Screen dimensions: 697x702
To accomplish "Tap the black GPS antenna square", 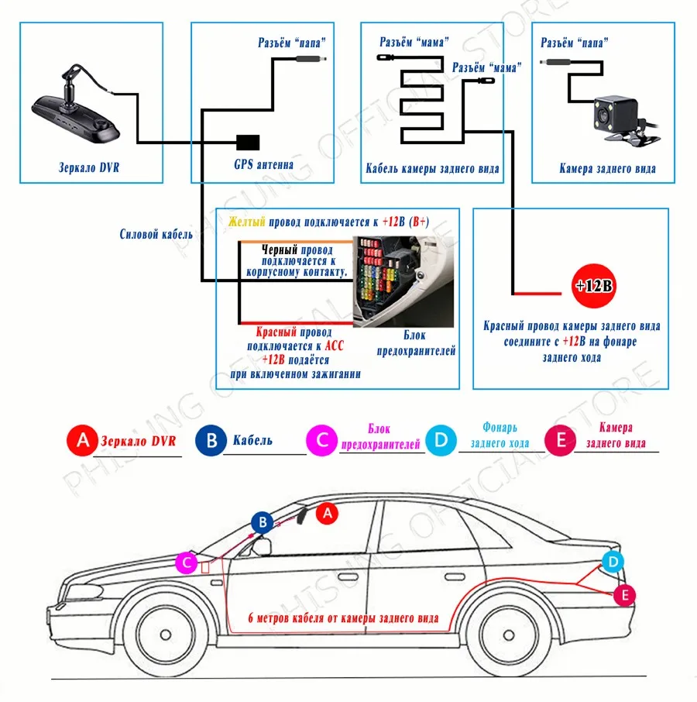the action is point(248,143).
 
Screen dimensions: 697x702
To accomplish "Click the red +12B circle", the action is point(594,286).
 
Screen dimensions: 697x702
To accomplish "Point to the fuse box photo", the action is point(403,281).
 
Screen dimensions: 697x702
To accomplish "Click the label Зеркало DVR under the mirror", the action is point(89,168).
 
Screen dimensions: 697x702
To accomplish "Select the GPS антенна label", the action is point(263,164).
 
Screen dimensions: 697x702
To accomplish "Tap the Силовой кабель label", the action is point(156,234).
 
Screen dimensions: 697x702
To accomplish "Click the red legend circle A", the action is point(82,441).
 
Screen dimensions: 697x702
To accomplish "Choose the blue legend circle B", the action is point(211,441).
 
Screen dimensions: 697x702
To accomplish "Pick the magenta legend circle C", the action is point(321,441).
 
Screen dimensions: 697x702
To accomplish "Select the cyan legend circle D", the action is point(441,441).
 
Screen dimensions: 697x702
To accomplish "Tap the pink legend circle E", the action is point(560,441).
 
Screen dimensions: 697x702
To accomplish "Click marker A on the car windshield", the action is point(327,513).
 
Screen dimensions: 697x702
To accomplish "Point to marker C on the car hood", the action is point(186,563).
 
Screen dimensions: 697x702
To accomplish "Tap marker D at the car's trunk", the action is point(613,562).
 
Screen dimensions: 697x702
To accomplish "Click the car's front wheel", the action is point(165,635).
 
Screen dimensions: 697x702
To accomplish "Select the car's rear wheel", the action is point(509,635).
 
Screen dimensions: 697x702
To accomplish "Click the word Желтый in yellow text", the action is point(246,222).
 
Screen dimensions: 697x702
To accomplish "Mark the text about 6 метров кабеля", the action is point(343,618).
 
